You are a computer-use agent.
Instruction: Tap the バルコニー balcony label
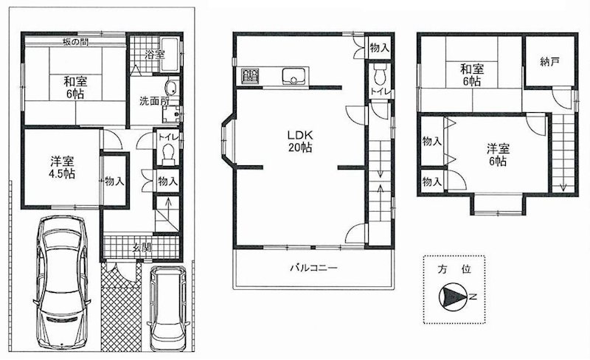[312, 268]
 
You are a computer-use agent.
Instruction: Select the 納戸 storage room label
[549, 63]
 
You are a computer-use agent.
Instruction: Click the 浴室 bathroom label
[153, 55]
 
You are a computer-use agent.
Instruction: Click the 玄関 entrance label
[142, 247]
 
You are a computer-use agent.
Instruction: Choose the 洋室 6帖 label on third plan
[496, 153]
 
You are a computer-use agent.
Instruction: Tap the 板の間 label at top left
[76, 41]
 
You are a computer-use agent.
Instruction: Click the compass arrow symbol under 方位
[449, 297]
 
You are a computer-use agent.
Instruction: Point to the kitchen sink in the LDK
[294, 75]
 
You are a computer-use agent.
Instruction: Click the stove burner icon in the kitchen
[249, 75]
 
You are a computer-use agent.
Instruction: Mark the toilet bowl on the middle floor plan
[380, 75]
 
